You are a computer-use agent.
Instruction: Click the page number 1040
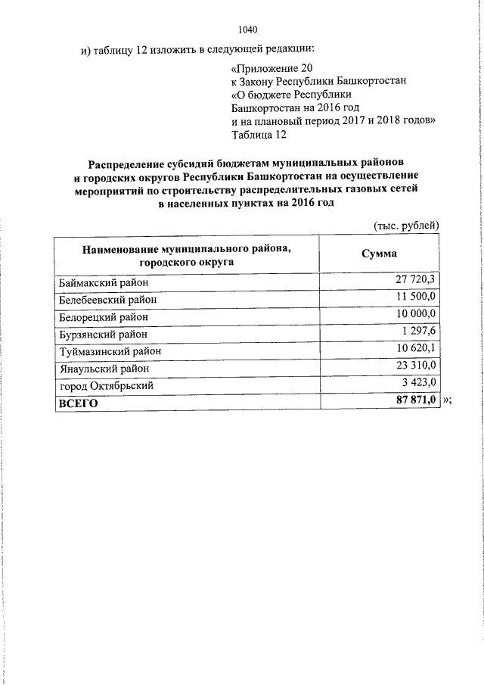(248, 30)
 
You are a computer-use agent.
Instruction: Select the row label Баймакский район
(103, 282)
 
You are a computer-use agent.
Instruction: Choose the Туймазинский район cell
(110, 351)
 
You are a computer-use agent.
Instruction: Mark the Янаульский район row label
(104, 369)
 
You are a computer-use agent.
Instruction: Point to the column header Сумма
(379, 254)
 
